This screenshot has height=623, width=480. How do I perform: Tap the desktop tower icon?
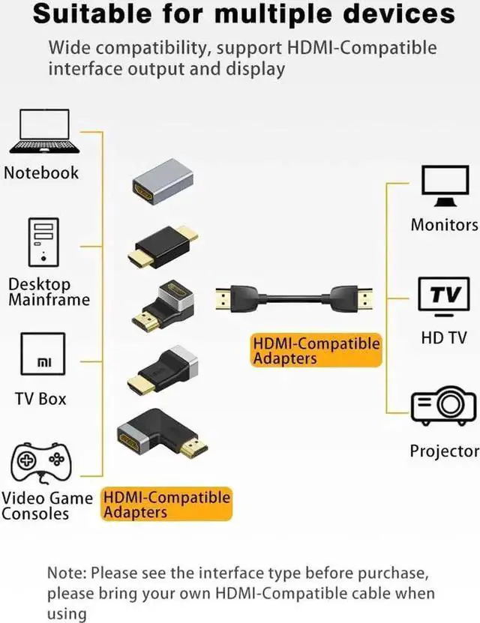pyautogui.click(x=43, y=242)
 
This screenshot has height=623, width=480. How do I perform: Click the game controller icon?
pyautogui.click(x=40, y=462)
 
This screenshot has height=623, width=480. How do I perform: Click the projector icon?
pyautogui.click(x=442, y=407)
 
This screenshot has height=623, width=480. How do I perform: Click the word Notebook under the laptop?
pyautogui.click(x=41, y=172)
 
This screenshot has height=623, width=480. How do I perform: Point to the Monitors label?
pyautogui.click(x=444, y=224)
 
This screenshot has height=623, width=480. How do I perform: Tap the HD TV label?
pyautogui.click(x=444, y=338)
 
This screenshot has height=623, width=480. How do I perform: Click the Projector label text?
pyautogui.click(x=444, y=451)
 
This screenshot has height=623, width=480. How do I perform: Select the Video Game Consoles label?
pyautogui.click(x=46, y=506)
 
